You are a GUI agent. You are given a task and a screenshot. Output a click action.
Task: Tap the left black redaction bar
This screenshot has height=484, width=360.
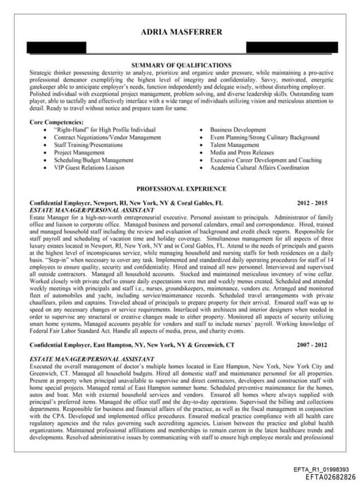[56, 47]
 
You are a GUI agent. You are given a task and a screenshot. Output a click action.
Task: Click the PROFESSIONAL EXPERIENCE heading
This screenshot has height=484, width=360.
[181, 189]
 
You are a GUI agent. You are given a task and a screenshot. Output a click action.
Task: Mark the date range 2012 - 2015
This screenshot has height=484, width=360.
[312, 203]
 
